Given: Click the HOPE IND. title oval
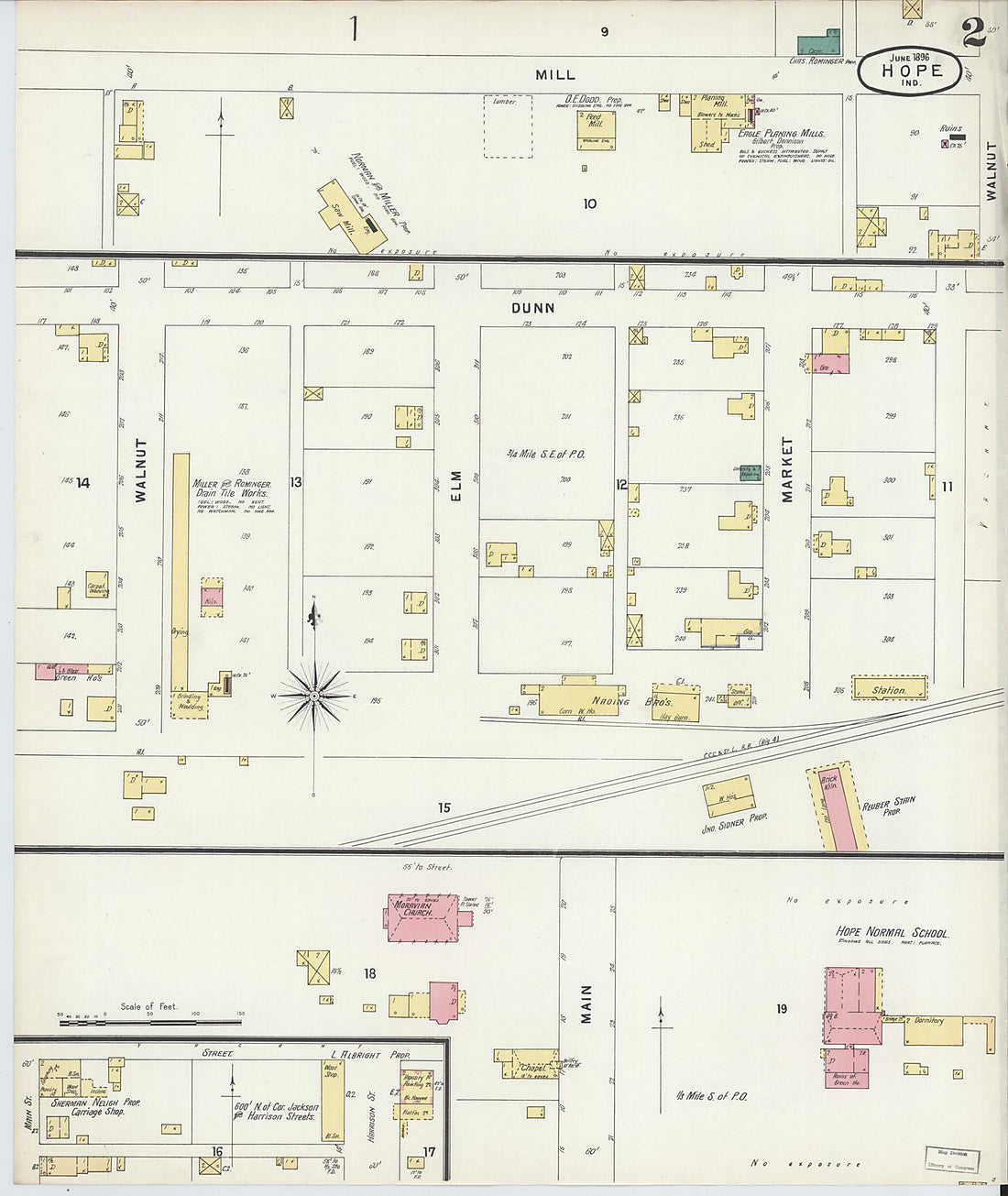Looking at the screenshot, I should tap(910, 70).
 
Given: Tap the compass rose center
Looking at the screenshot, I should tap(314, 697).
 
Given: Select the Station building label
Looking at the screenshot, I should tap(889, 689).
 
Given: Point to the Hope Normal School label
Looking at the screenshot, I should tap(892, 933).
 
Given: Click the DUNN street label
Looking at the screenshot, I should tap(533, 309).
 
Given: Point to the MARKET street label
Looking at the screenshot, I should tap(786, 469).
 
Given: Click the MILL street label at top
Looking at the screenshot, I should tap(555, 75).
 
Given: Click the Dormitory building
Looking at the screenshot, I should tap(933, 1030).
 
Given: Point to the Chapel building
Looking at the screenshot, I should tap(529, 1066).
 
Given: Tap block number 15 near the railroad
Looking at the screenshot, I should tap(444, 808).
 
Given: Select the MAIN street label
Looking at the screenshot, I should tap(586, 1004).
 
